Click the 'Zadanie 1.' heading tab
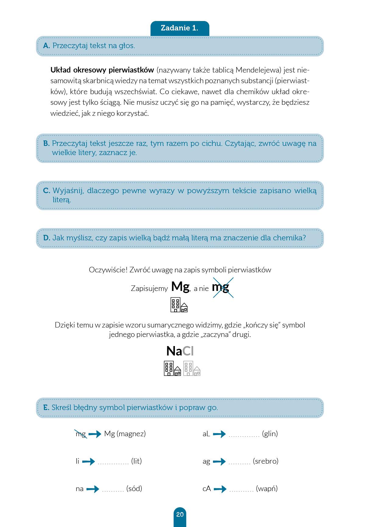coord(179,28)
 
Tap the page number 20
coord(180,515)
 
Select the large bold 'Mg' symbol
coord(180,287)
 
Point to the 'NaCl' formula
coord(180,351)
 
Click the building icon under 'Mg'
coord(179,305)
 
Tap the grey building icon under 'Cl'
coord(192,369)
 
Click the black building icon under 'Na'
coord(172,369)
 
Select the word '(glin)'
coord(270,434)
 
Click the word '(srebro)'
coord(266,461)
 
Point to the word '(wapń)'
coord(267,489)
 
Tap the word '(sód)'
coord(134,489)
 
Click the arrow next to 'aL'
coord(219,434)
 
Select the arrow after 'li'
coord(88,462)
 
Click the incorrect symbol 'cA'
coord(207,489)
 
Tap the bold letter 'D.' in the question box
coord(47,238)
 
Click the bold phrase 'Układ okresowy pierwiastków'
coord(102,70)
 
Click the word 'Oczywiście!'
coord(108,270)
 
